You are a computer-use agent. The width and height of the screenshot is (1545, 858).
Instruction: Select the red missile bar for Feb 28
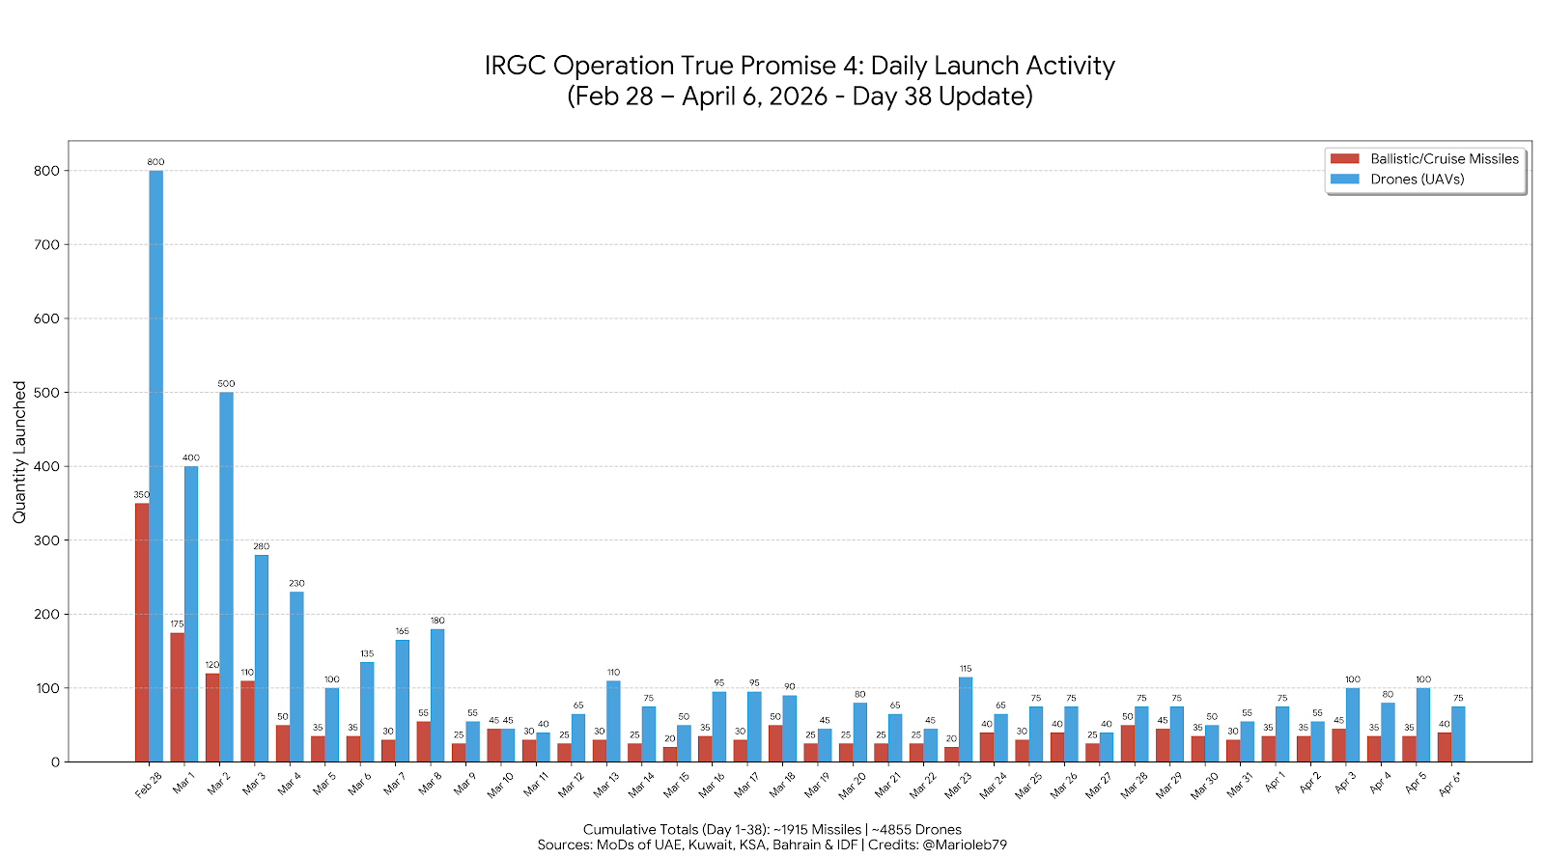142,632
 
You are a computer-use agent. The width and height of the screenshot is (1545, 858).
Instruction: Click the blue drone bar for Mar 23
966,720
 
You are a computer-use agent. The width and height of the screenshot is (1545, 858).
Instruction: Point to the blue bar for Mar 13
613,722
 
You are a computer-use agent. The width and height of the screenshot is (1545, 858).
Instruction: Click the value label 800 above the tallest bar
155,162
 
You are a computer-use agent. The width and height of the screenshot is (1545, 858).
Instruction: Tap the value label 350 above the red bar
141,495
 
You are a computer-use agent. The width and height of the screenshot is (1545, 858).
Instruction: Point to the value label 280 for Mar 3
261,546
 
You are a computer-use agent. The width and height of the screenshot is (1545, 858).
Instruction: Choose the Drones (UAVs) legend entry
1417,180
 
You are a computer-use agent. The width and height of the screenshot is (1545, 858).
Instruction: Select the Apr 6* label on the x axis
1449,784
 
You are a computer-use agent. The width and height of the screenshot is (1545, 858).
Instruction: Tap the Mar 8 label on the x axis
430,784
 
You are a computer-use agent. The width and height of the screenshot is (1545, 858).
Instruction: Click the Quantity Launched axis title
19,452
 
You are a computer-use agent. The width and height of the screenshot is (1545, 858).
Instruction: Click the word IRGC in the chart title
516,66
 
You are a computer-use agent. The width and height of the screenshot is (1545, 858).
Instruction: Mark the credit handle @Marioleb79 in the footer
964,844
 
